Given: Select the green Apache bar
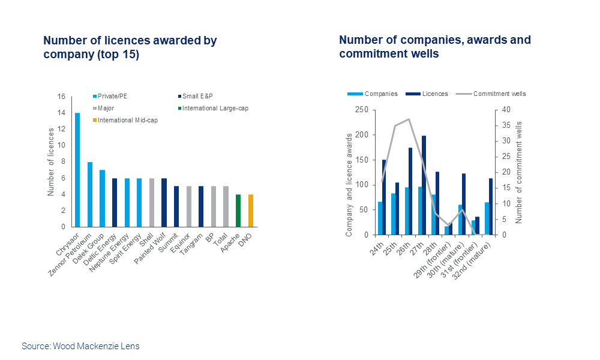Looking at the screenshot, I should click(x=238, y=211).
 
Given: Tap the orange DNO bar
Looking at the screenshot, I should click(x=250, y=211).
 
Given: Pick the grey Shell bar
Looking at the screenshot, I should click(x=151, y=202).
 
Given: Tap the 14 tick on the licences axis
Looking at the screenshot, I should click(x=61, y=113).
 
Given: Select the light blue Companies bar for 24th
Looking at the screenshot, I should click(x=380, y=218).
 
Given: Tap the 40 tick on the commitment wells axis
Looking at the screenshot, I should click(x=505, y=110).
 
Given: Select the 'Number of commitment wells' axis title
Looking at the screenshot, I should click(x=520, y=172).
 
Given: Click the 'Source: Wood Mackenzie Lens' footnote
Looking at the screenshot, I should click(x=80, y=346).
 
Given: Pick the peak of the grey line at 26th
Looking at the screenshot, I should click(x=409, y=119).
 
